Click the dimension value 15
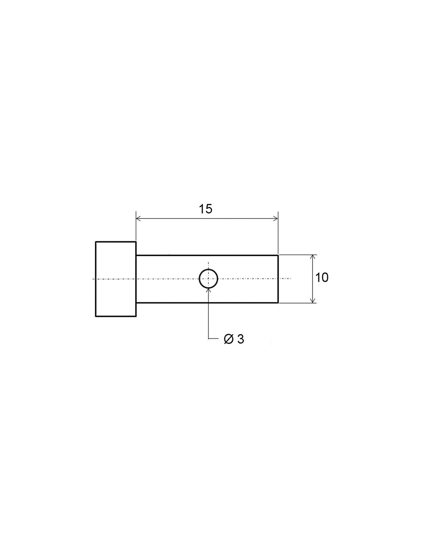tap(205, 209)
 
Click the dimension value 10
tap(322, 277)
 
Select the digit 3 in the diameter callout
tap(241, 339)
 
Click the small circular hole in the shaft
tap(209, 270)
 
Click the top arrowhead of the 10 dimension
tap(313, 258)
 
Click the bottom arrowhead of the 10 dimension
tap(313, 299)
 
